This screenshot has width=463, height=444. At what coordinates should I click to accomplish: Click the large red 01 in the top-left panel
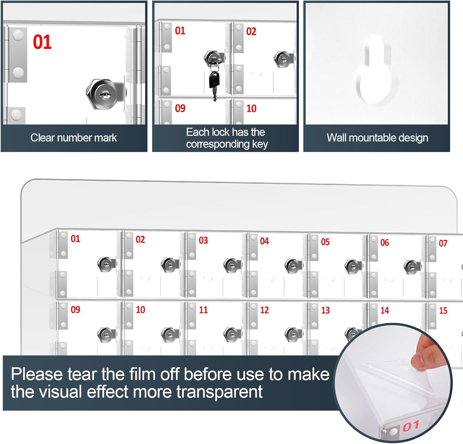coord(42,42)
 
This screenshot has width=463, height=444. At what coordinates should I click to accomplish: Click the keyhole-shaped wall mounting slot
coord(377,74)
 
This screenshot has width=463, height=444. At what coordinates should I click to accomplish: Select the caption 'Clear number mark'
coord(73,138)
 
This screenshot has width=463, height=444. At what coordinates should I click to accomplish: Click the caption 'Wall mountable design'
coord(377,138)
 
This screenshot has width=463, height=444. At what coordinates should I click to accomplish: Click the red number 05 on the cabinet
coord(325,242)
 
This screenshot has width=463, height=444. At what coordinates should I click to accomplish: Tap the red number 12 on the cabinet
coord(264,310)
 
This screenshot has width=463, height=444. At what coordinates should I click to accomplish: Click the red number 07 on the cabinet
coord(443,243)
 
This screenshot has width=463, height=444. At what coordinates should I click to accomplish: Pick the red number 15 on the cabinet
coord(443,311)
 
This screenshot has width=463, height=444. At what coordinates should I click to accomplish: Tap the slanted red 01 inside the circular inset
coord(411,426)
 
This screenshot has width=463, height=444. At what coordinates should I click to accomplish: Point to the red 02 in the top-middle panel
coord(251,32)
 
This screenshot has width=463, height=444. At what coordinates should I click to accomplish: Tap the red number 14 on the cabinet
coord(385,311)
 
